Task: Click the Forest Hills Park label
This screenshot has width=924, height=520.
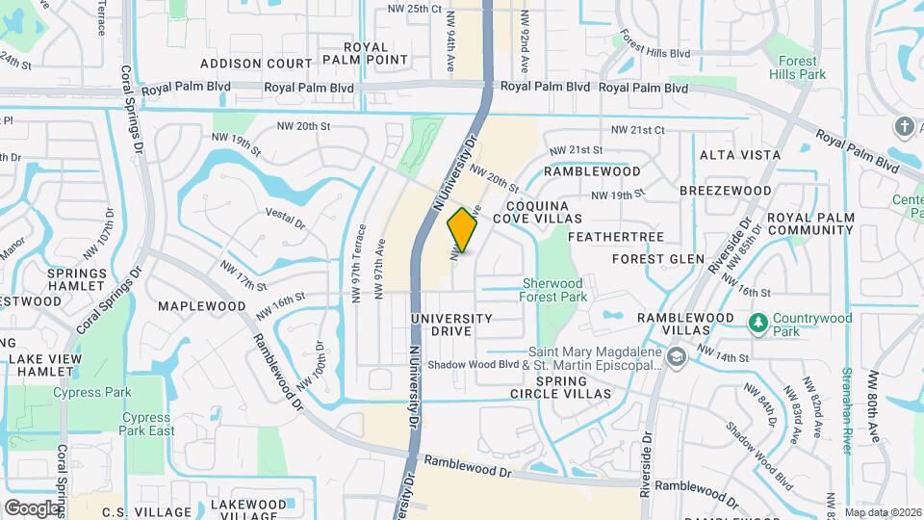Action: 797,66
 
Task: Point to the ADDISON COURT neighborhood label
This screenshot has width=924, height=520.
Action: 256,64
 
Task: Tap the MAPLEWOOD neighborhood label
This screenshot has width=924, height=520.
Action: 202,306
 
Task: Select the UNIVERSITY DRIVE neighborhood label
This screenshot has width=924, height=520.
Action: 451,325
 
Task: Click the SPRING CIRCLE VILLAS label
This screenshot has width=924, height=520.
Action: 561,387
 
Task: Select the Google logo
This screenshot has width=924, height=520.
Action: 32,507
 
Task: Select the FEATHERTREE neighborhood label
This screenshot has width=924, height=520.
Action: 603,236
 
